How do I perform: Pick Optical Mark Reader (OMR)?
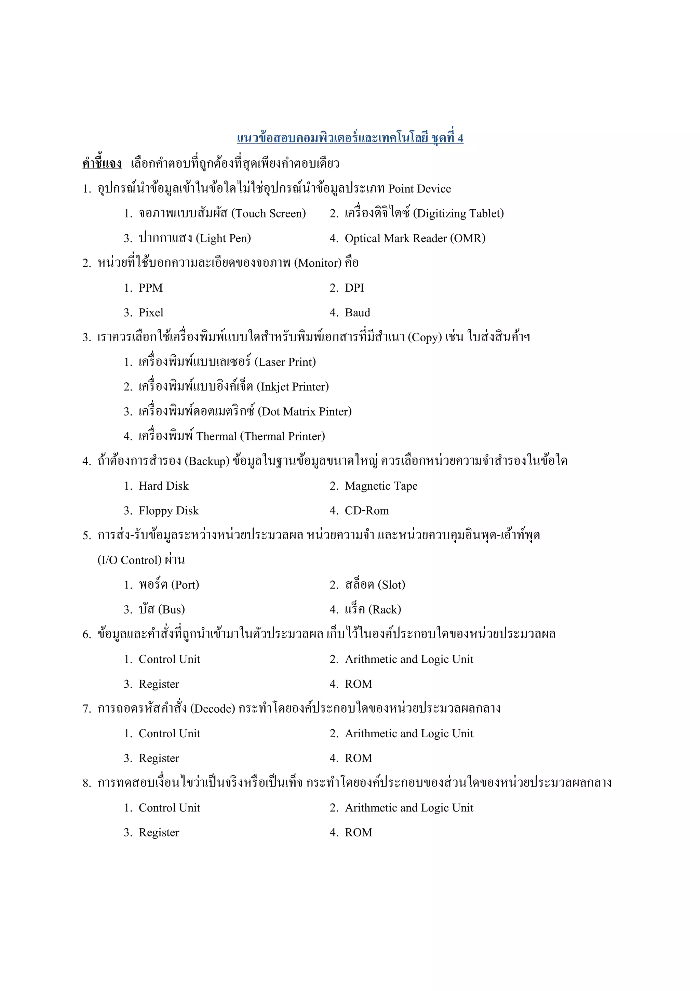click(415, 238)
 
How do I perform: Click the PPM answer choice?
click(150, 288)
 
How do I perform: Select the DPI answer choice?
click(354, 288)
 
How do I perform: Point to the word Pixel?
click(151, 313)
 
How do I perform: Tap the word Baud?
click(357, 313)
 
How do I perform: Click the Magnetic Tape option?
click(381, 486)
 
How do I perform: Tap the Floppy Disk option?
click(168, 511)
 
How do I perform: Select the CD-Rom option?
click(367, 511)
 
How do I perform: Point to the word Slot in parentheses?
click(392, 585)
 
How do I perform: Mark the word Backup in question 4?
click(207, 461)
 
